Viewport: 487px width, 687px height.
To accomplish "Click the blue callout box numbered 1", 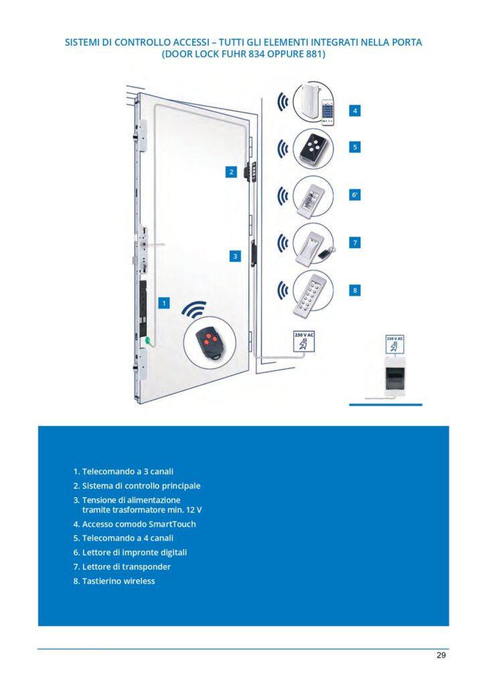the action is [x=163, y=303].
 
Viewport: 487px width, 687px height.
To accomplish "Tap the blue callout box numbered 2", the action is [x=232, y=172].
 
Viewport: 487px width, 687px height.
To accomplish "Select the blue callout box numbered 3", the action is [x=235, y=256].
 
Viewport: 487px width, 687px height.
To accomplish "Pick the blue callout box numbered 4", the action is [x=355, y=111].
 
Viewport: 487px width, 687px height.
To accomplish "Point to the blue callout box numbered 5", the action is [x=355, y=147].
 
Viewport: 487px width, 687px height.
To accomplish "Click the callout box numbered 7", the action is [x=355, y=242].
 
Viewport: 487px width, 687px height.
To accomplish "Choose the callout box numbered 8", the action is [x=355, y=290].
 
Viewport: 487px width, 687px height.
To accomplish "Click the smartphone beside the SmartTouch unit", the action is [x=328, y=111].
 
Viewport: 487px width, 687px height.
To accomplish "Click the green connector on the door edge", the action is [x=148, y=340].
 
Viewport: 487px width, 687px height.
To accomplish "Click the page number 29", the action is [x=441, y=655].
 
